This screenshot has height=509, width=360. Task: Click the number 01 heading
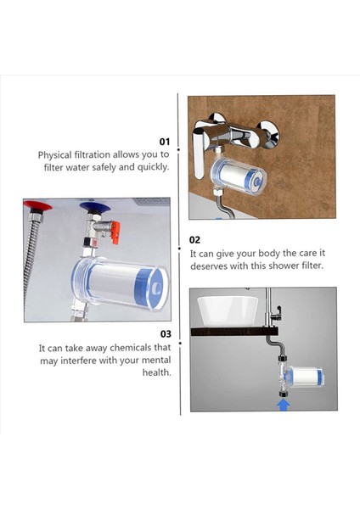165,142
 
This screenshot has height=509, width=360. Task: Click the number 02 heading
195,240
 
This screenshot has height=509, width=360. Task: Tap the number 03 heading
166,334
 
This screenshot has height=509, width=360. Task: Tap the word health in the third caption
156,372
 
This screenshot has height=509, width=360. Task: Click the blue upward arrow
284,405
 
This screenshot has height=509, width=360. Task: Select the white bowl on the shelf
228,311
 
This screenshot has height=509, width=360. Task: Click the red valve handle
115,232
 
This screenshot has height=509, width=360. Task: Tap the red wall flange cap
37,205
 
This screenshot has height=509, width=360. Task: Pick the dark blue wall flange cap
95,207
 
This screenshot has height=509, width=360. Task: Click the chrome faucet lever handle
199,153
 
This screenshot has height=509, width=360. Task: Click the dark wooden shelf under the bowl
234,332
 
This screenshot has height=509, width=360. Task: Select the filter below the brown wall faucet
239,177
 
